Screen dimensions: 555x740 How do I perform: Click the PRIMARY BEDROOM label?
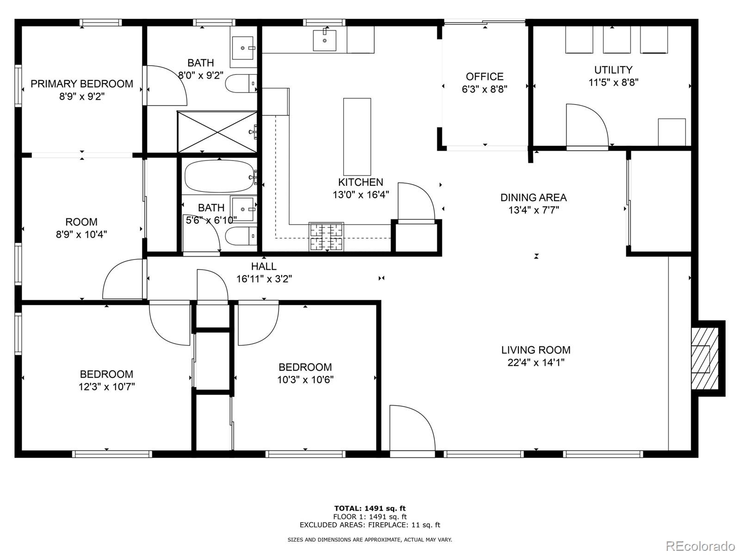tap(82, 84)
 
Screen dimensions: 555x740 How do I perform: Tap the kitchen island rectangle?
tap(357, 136)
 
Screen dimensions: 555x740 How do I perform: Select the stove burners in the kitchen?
tap(327, 237)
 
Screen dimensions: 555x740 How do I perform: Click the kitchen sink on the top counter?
tap(325, 40)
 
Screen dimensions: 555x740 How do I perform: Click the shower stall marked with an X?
tap(217, 131)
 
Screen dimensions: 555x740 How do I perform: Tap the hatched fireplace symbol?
tap(704, 358)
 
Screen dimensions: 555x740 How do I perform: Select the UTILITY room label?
tap(613, 70)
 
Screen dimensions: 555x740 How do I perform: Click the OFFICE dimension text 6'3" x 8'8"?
tap(485, 89)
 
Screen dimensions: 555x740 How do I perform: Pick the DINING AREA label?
tap(533, 197)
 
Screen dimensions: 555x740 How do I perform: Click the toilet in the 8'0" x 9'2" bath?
tap(240, 84)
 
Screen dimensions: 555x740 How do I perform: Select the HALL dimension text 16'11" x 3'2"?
tap(264, 279)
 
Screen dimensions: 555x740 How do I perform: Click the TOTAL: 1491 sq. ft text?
tap(370, 508)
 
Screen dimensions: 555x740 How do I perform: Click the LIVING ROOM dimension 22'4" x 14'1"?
tap(536, 363)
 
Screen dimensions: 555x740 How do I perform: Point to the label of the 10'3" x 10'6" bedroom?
tap(305, 367)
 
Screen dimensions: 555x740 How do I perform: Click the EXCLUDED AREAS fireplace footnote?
tap(370, 524)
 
